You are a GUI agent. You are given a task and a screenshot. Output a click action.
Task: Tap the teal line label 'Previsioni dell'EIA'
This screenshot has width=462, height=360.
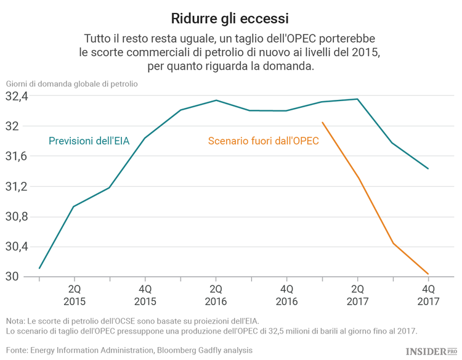coord(89,141)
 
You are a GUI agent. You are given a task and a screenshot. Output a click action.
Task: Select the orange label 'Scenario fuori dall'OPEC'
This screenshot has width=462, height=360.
coord(263,141)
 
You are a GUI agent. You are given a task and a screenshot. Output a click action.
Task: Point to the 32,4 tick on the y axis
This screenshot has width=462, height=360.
coord(17,97)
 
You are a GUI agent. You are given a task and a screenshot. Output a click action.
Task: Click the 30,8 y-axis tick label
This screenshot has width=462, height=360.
coord(17,216)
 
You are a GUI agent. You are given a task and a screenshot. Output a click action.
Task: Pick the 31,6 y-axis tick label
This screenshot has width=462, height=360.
coord(17,157)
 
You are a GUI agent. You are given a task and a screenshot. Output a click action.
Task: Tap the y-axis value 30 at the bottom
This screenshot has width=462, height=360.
coord(12,276)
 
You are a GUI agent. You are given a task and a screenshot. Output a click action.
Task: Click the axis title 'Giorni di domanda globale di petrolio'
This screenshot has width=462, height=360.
coord(72,83)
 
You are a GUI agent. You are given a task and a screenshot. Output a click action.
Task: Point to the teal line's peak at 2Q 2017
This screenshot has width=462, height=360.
coord(357,99)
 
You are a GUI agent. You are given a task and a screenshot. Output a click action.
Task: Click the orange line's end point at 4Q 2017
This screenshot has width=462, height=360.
coord(428,274)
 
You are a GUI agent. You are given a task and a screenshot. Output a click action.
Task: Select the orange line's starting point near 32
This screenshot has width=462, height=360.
coord(322,122)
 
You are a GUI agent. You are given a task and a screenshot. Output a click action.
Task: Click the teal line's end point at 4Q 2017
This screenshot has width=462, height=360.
coord(428,168)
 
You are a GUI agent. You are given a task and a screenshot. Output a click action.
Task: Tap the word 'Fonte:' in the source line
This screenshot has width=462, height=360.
coord(17,350)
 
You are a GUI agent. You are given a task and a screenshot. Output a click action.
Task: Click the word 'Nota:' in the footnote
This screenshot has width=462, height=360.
coord(16,321)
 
